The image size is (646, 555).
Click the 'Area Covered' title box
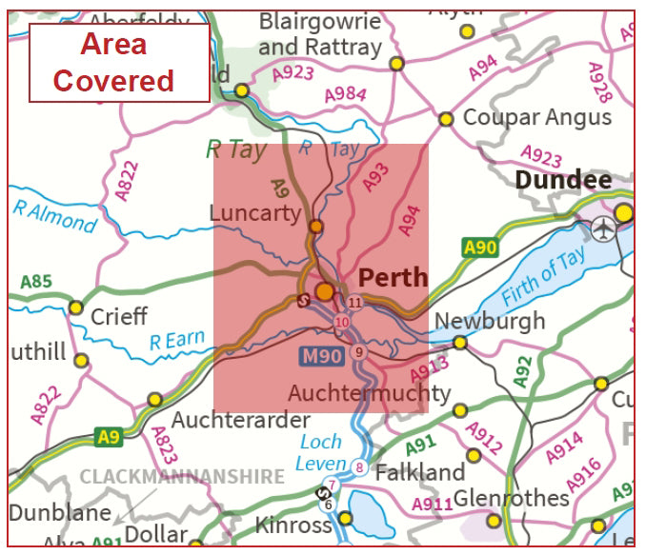[x=118, y=62]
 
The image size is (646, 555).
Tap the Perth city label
[x=393, y=277]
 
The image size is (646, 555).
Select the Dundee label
[x=563, y=181]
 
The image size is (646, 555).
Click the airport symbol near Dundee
[x=602, y=228]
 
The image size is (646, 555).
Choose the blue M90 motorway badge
[x=320, y=355]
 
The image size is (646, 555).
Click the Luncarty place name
[x=254, y=212]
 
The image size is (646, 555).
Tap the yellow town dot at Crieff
[x=75, y=307]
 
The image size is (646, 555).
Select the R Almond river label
[x=55, y=216]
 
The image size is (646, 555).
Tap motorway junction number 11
[x=354, y=303]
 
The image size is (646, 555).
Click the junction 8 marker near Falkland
[x=358, y=466]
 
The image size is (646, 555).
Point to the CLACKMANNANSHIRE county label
[x=182, y=477]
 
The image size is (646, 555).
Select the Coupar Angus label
[x=537, y=117]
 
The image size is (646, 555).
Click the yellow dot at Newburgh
[x=459, y=343]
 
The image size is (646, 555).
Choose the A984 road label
[x=345, y=93]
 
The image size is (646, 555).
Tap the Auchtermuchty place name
[x=370, y=393]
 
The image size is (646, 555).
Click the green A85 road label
[x=35, y=283]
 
